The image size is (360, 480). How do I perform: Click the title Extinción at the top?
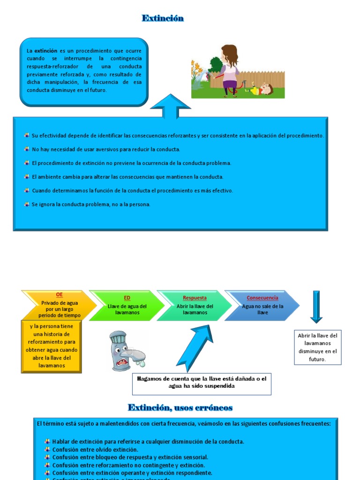click(x=163, y=18)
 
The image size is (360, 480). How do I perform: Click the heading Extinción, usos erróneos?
click(x=180, y=407)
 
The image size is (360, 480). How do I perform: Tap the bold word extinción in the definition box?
click(x=46, y=51)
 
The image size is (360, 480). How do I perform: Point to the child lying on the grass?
click(x=260, y=89)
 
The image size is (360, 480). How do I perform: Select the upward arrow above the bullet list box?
click(x=170, y=106)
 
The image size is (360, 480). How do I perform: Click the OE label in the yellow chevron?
click(x=59, y=294)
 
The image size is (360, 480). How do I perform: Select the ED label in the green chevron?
click(x=127, y=298)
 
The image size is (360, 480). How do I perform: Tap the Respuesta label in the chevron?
click(x=195, y=298)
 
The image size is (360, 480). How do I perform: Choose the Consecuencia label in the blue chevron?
click(x=262, y=298)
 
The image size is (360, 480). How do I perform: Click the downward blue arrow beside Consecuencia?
click(x=316, y=307)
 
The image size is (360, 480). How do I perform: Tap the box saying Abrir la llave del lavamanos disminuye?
click(x=317, y=347)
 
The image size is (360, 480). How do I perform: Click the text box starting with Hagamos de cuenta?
click(x=202, y=382)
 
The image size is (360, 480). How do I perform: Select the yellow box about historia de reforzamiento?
click(x=52, y=346)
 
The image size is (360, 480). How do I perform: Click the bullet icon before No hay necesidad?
click(x=27, y=149)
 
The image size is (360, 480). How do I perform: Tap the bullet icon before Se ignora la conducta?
click(x=27, y=204)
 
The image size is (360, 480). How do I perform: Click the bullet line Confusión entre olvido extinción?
click(x=95, y=450)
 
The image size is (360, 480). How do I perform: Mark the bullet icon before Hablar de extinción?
click(x=47, y=442)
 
